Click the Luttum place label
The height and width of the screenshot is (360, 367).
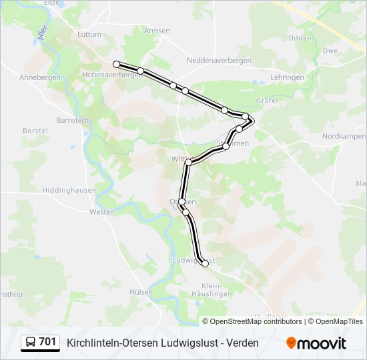tap(89, 34)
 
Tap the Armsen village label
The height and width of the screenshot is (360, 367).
tap(157, 31)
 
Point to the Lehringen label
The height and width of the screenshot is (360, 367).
tap(288, 77)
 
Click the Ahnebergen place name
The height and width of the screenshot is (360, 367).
tap(40, 77)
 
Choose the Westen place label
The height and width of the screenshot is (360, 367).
tap(102, 212)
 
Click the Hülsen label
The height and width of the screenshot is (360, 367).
tap(141, 292)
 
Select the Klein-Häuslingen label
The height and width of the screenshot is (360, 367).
tap(211, 289)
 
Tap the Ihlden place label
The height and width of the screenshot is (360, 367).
tap(300, 38)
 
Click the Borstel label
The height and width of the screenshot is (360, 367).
tap(35, 131)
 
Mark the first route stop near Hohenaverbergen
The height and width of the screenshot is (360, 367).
tap(116, 64)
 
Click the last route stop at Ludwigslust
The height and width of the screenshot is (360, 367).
tap(205, 264)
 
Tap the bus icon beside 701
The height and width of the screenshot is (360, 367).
tap(31, 343)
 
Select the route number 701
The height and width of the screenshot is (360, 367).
tap(47, 342)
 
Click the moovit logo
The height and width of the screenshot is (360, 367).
tap(316, 343)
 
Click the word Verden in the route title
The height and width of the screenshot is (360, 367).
tap(242, 343)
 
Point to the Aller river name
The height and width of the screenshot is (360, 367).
tap(44, 32)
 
